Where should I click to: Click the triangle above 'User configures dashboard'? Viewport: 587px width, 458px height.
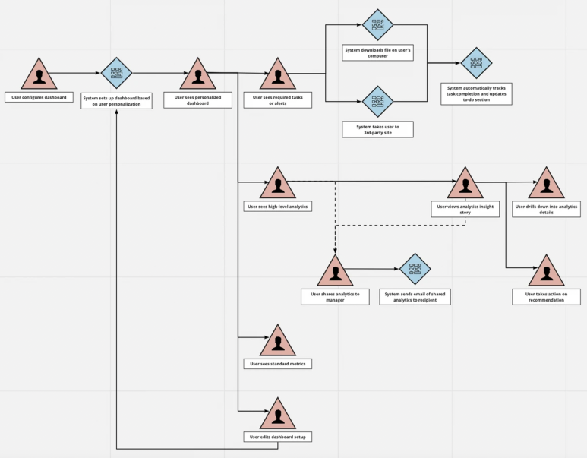point(39,75)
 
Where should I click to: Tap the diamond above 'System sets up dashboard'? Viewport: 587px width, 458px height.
point(116,74)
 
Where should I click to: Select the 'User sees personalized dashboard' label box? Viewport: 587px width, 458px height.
point(197,100)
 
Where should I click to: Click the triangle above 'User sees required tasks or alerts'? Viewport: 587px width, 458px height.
point(278,75)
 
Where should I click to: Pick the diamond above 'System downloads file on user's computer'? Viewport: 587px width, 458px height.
point(377,25)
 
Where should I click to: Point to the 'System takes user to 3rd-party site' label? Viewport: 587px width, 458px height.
point(377,129)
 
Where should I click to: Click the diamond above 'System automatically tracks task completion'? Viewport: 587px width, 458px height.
point(476,63)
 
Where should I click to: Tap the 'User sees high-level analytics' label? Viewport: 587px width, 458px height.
point(278,206)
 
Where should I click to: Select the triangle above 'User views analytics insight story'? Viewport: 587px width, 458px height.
point(465,185)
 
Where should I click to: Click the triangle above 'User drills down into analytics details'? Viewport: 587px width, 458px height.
point(546,185)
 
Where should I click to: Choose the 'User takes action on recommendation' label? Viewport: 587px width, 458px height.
point(546,297)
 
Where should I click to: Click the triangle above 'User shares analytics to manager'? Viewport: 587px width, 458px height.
point(335,273)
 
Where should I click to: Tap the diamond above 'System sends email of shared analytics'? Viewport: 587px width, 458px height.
point(415,269)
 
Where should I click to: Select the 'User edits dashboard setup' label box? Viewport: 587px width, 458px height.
point(278,437)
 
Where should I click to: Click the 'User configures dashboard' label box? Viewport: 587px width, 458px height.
point(39,97)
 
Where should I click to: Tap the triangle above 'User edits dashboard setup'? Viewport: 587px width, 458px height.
point(278,415)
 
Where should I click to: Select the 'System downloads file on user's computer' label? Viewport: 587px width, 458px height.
point(377,53)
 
